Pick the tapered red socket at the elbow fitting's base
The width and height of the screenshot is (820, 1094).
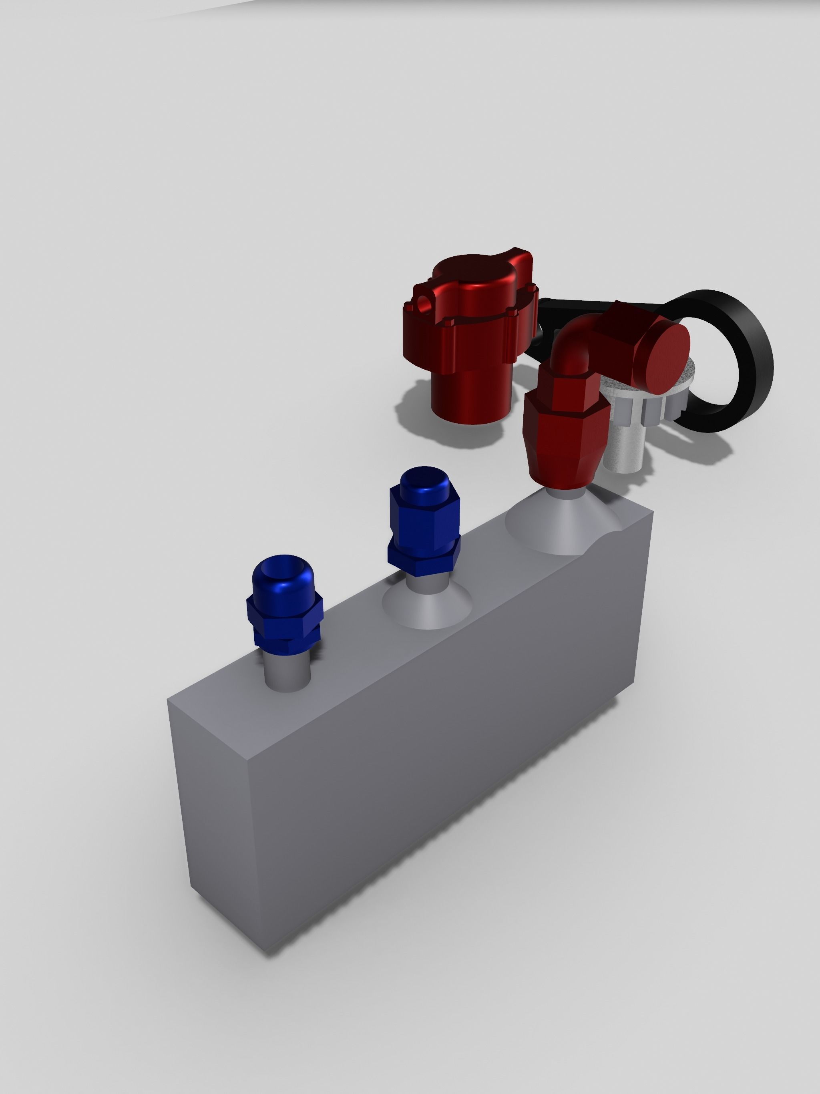564,445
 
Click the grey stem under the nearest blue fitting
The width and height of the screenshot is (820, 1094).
288,668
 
